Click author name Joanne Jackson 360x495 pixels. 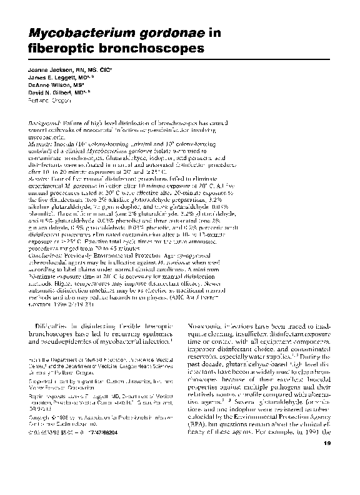coord(47,70)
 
